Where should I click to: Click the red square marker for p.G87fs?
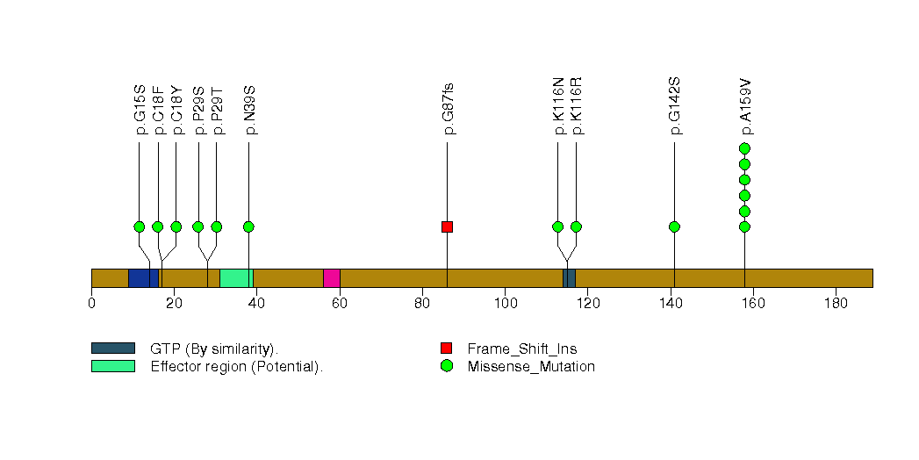[447, 226]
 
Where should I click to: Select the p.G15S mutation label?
[140, 111]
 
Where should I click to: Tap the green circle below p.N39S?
[248, 226]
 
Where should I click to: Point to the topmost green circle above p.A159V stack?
[745, 148]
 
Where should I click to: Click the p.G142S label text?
[675, 106]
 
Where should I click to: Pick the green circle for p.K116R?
[576, 226]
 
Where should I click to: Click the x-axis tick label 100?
[506, 303]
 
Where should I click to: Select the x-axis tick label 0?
[91, 303]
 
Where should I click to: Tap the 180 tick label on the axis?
[836, 303]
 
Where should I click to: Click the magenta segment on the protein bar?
[332, 278]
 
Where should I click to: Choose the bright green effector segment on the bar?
[236, 278]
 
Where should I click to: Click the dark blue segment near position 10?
[144, 278]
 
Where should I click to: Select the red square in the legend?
[447, 349]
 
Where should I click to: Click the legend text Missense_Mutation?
[531, 366]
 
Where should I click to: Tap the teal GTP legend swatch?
[113, 349]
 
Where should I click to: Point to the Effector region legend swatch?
[113, 366]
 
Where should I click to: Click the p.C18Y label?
[177, 111]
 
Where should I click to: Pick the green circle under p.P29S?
[198, 226]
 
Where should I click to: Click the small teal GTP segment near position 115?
[569, 278]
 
